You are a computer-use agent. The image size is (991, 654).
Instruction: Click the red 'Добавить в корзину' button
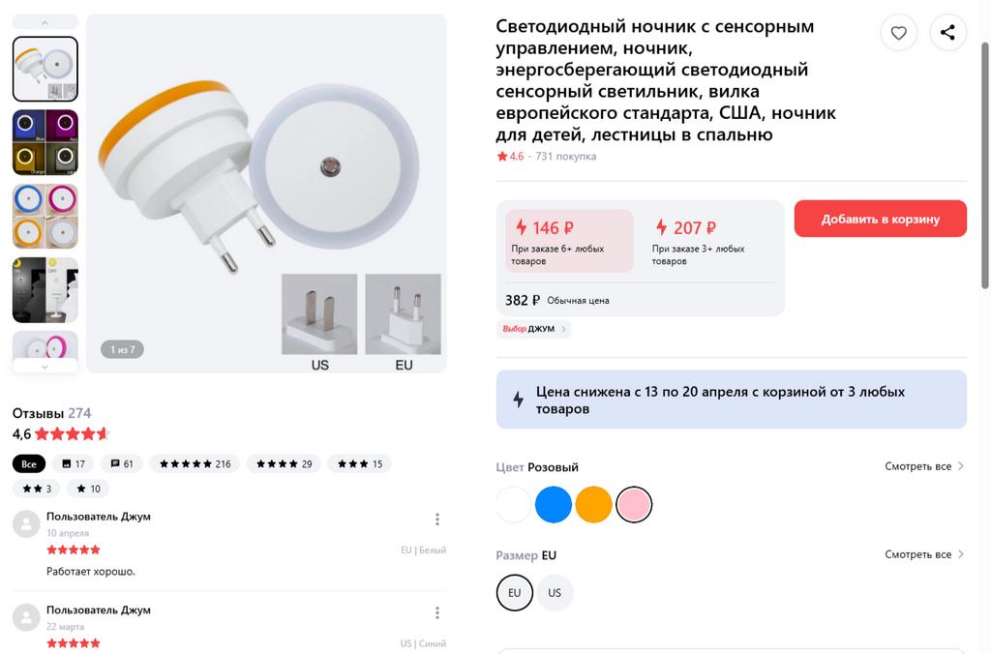click(x=880, y=219)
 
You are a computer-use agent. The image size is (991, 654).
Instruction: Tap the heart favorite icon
click(x=898, y=32)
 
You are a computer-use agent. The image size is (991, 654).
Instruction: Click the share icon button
click(x=947, y=32)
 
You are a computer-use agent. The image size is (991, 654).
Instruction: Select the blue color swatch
click(x=553, y=504)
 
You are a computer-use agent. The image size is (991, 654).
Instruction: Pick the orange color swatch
click(x=593, y=504)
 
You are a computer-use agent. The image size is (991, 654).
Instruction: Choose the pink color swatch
click(x=634, y=504)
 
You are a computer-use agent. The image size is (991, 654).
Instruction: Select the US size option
click(x=555, y=593)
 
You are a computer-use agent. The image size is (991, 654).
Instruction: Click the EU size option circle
click(x=515, y=593)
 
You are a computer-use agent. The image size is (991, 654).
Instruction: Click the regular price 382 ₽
click(x=522, y=300)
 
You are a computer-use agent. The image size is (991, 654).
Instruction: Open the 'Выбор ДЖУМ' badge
click(x=533, y=329)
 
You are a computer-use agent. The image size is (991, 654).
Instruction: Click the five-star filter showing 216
click(x=195, y=463)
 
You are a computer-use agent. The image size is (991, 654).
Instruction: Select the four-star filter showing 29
click(x=284, y=463)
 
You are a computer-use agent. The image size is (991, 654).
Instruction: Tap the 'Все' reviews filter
click(x=28, y=463)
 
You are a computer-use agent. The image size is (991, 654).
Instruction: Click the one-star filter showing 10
click(x=88, y=489)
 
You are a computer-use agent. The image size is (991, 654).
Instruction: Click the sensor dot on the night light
click(x=330, y=166)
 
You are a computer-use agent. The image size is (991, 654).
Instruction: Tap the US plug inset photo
click(x=319, y=313)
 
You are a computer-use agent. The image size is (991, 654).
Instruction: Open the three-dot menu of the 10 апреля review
click(x=436, y=520)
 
